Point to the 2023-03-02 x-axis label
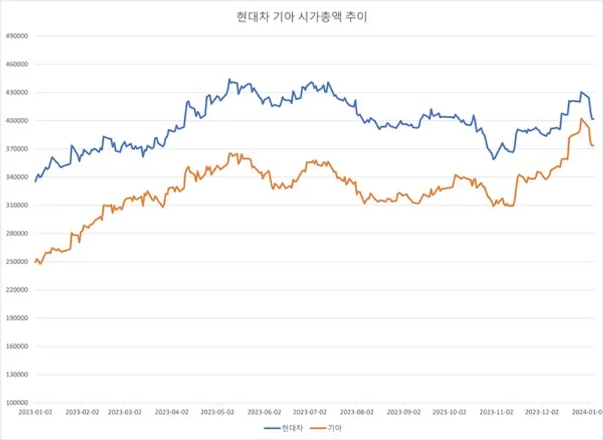tap(125, 411)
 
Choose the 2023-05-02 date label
tap(218, 411)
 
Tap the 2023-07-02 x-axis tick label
tap(311, 411)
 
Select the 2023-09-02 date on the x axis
tap(405, 411)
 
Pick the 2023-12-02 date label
tap(541, 411)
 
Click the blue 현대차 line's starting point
tap(36, 181)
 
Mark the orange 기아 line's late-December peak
tap(581, 119)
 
